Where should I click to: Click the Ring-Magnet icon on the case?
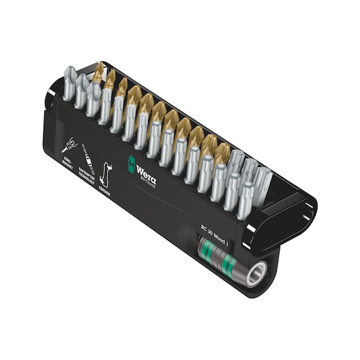click(69, 146)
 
